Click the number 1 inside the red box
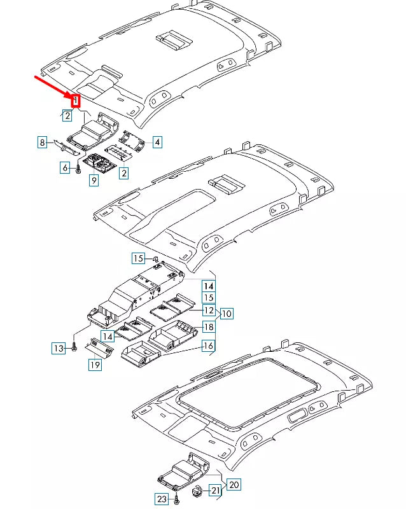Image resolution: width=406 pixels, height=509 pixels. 76,101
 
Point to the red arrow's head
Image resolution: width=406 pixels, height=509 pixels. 71,95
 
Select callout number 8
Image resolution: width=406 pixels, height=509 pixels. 43,143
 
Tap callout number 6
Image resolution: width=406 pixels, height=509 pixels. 65,168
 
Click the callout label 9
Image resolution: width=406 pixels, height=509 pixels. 94,181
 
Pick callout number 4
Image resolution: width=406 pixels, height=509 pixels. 157,143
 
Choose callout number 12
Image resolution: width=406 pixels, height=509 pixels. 208,310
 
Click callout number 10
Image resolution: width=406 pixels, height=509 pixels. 227,313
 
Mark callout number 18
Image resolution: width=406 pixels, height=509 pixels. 208,327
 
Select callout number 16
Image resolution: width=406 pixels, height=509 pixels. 208,345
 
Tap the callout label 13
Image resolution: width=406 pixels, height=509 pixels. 59,348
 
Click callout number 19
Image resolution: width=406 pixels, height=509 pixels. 95,365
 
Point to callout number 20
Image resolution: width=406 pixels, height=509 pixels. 234,485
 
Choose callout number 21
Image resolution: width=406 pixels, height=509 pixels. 215,490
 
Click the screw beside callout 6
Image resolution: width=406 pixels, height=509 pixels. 77,170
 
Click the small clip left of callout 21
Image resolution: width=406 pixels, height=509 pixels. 197,491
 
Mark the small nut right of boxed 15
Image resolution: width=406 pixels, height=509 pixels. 155,258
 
